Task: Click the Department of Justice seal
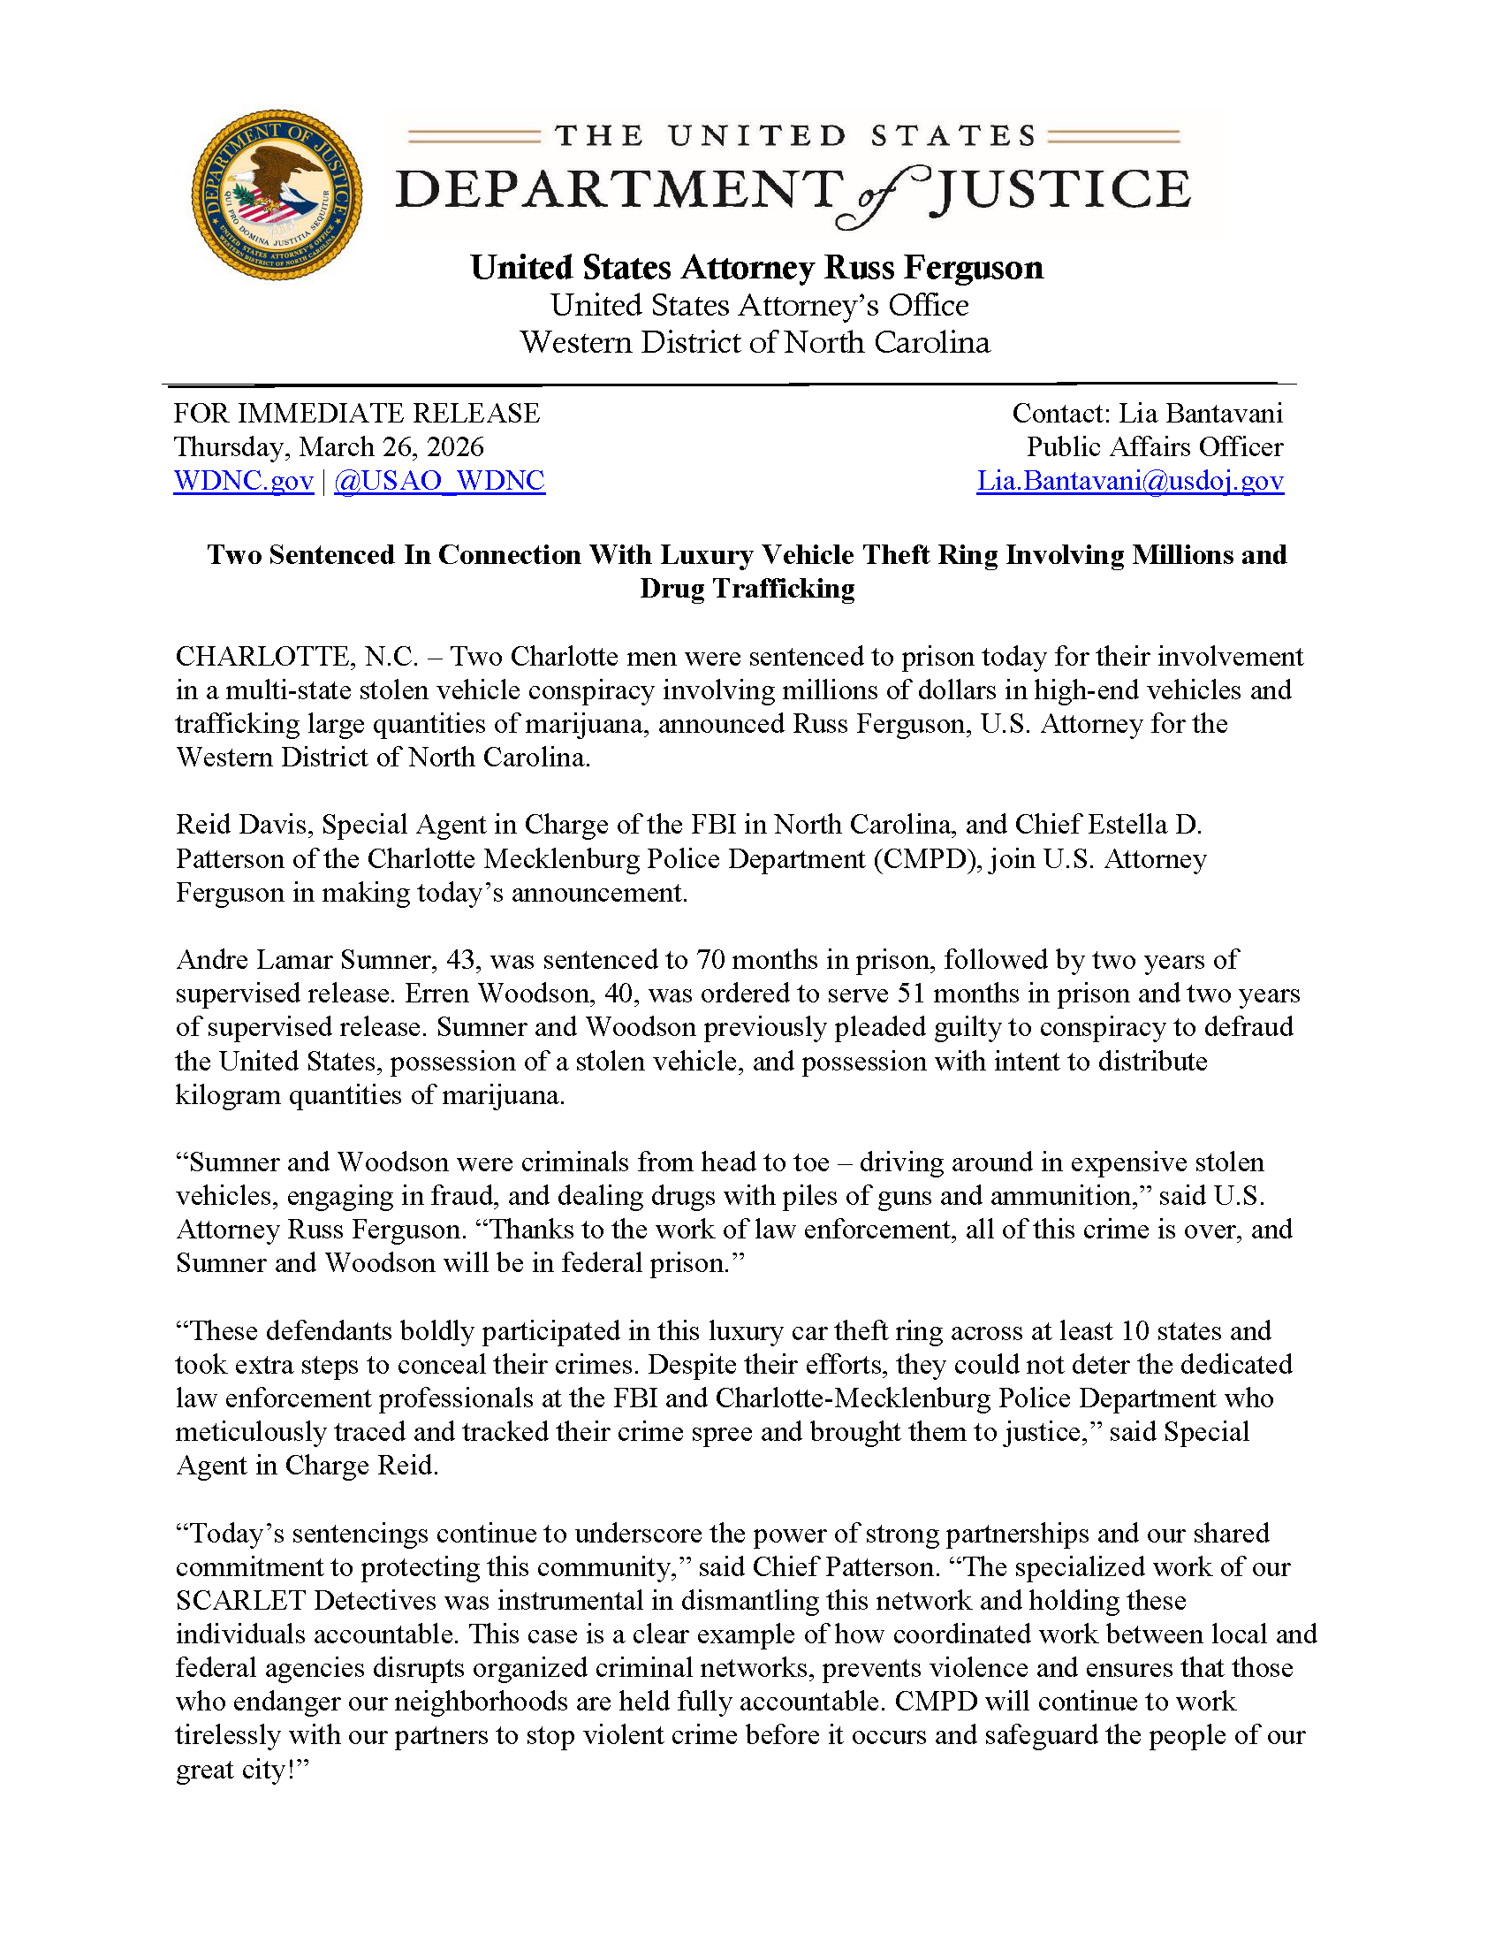pos(277,195)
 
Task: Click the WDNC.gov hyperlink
pos(244,480)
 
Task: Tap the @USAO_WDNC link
pos(439,480)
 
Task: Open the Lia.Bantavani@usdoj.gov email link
pos(1129,480)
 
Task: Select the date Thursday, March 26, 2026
pos(329,446)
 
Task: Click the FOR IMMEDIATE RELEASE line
pos(356,413)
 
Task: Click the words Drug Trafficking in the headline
pos(747,589)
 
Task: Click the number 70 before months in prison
pos(710,959)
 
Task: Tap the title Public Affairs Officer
pos(1154,446)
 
